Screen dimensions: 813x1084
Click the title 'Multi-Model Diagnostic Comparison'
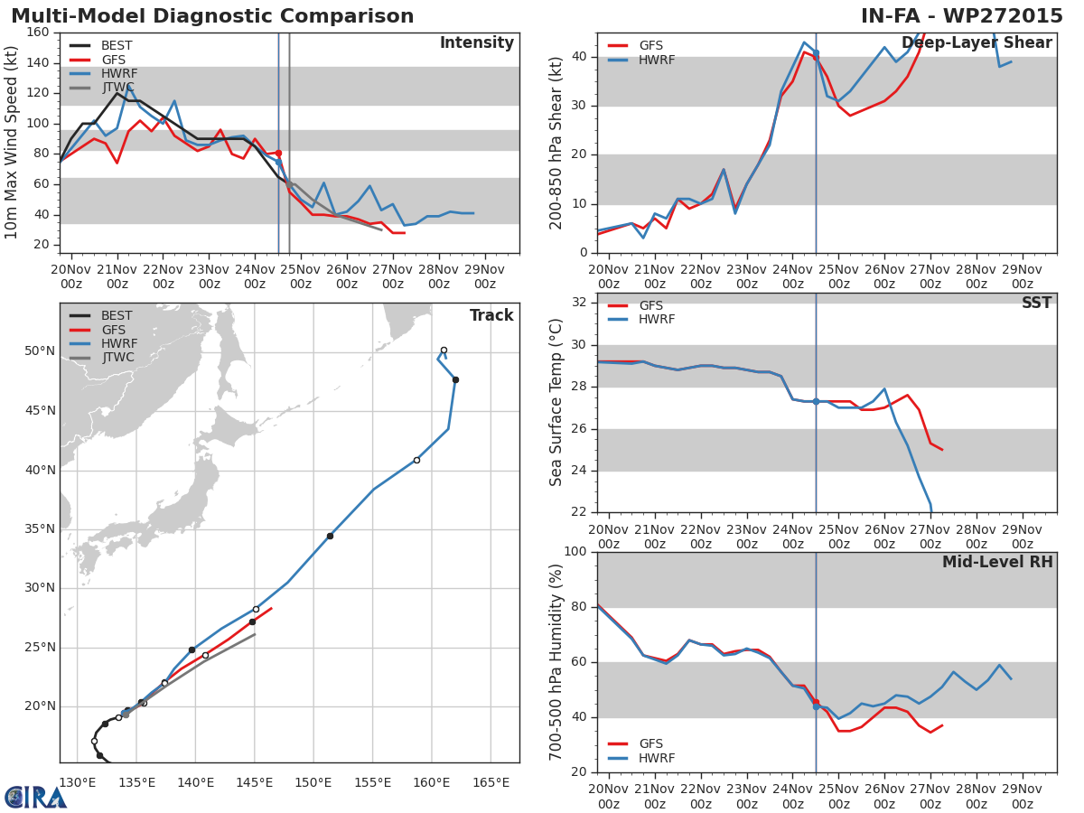(212, 16)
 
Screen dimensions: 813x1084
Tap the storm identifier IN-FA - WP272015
(961, 16)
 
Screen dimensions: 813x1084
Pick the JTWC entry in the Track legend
(117, 358)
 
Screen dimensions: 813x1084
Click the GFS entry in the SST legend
(650, 305)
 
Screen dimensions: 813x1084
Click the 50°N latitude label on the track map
(39, 350)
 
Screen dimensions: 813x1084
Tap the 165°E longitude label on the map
(491, 782)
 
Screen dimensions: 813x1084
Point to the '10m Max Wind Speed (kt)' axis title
(12, 143)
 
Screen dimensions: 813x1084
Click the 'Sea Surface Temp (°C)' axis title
(556, 403)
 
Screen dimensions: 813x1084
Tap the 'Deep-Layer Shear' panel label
(977, 43)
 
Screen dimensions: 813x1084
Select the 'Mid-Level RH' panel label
(997, 563)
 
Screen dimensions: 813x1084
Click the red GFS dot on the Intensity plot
(278, 153)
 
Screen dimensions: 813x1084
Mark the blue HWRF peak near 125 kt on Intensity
(128, 87)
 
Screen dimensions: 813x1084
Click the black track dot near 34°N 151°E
(330, 536)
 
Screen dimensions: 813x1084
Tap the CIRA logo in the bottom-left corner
(34, 798)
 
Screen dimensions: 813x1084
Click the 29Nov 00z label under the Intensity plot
(484, 276)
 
